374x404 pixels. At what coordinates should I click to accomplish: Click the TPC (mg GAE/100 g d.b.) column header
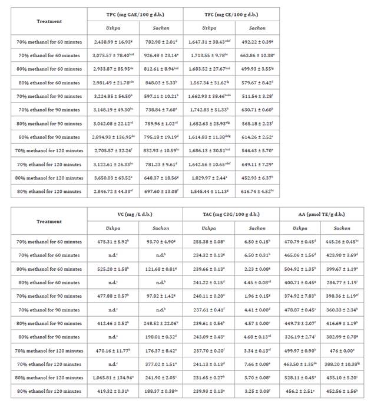click(x=136, y=14)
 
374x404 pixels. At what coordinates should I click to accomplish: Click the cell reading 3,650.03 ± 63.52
click(x=112, y=177)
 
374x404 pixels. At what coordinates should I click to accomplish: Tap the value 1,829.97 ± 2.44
click(x=207, y=177)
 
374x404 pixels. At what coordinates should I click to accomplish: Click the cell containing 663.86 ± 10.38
click(x=257, y=55)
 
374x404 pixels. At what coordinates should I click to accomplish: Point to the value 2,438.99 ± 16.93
click(x=112, y=42)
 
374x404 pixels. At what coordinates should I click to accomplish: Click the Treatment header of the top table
click(x=49, y=21)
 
